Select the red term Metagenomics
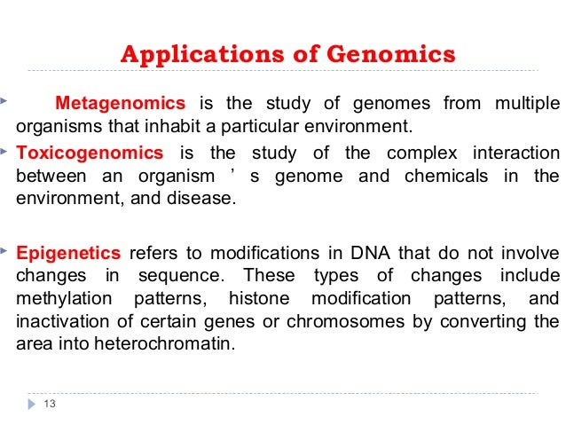[121, 102]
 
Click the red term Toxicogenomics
[90, 152]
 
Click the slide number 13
[49, 405]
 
